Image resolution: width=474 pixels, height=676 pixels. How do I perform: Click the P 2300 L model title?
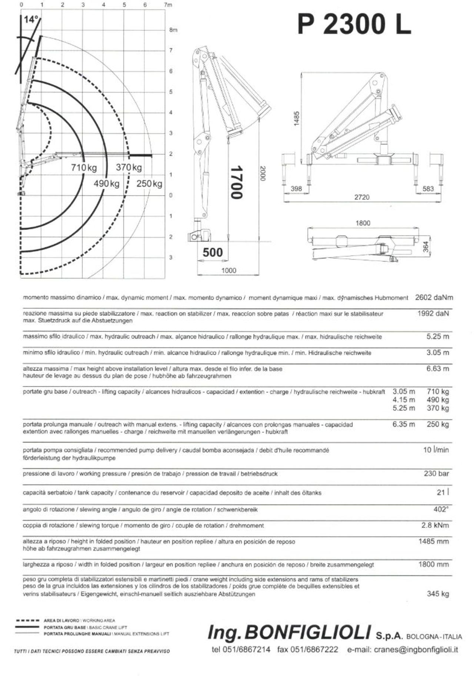click(x=354, y=25)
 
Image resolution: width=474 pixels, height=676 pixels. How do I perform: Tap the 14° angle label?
click(x=30, y=20)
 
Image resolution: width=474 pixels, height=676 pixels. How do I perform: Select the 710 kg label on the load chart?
click(x=84, y=168)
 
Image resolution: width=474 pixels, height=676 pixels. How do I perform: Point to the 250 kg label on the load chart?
click(x=149, y=184)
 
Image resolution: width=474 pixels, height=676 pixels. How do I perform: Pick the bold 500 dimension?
click(x=213, y=252)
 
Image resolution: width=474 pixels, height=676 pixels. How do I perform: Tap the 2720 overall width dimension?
click(x=362, y=197)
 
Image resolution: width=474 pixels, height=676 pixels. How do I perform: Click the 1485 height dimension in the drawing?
click(x=296, y=118)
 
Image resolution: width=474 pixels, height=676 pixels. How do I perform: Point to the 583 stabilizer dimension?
click(x=428, y=189)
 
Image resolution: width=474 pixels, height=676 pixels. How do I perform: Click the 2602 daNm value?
click(x=434, y=298)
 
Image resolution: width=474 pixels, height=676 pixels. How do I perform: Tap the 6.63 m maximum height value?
click(x=437, y=369)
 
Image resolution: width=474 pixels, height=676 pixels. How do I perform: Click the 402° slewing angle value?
click(x=441, y=509)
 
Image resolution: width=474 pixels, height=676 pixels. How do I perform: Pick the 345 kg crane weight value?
click(x=438, y=594)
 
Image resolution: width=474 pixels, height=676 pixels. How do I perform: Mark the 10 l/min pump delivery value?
click(x=436, y=450)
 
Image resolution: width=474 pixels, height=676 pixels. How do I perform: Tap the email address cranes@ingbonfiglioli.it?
click(x=403, y=650)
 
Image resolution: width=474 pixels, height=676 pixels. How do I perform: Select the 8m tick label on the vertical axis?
click(x=173, y=30)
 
